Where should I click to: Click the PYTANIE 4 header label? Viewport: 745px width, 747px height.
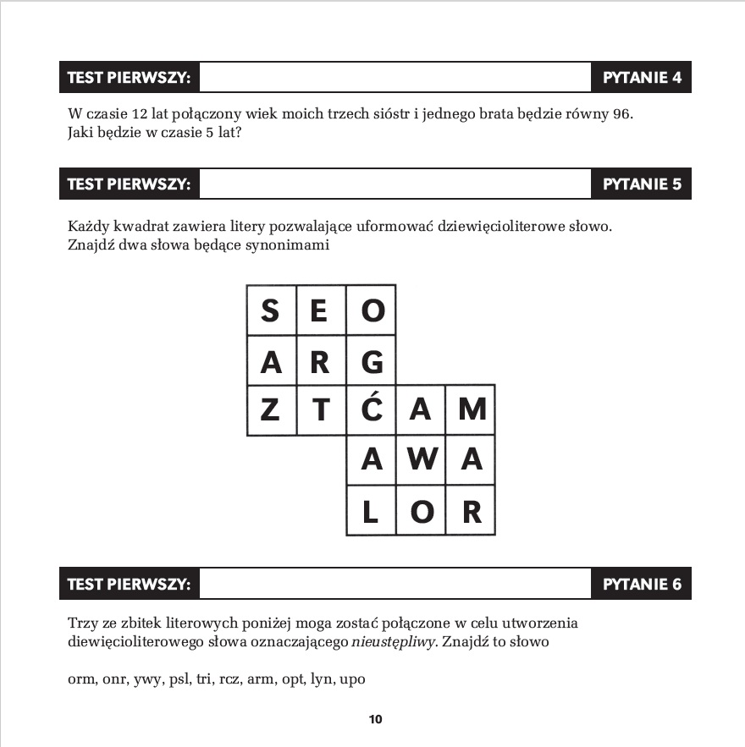(642, 78)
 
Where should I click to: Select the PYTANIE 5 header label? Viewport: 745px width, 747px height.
(642, 184)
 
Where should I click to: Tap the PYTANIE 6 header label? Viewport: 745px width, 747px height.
(642, 584)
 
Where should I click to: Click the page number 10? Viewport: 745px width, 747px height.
(375, 720)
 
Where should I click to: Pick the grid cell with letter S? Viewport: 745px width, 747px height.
(271, 310)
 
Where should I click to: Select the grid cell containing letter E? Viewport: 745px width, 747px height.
(320, 310)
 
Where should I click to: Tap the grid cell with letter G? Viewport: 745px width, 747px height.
(371, 361)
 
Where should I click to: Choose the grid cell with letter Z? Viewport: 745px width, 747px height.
(271, 411)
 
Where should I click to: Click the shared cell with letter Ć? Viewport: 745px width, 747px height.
(371, 411)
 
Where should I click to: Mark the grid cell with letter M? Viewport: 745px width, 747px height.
(472, 411)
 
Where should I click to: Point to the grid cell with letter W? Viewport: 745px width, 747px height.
(421, 461)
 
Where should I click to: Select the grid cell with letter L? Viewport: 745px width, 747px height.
(371, 511)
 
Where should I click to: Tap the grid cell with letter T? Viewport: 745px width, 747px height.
(320, 411)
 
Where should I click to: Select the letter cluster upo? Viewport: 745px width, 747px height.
(351, 679)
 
